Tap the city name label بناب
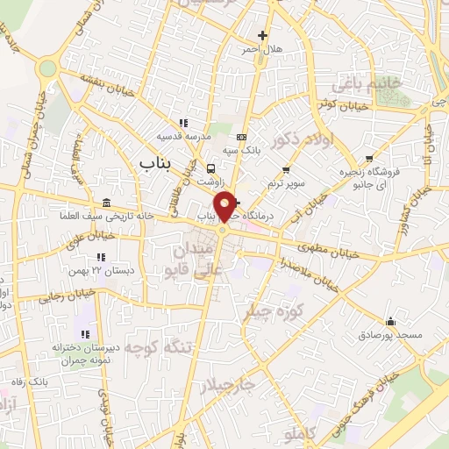[x=158, y=162]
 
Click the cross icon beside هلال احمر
[x=260, y=35]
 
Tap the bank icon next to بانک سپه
[x=242, y=137]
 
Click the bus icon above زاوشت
[x=210, y=168]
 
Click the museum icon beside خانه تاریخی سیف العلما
[x=106, y=203]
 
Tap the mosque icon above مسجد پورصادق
[x=390, y=321]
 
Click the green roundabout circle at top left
[x=47, y=68]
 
